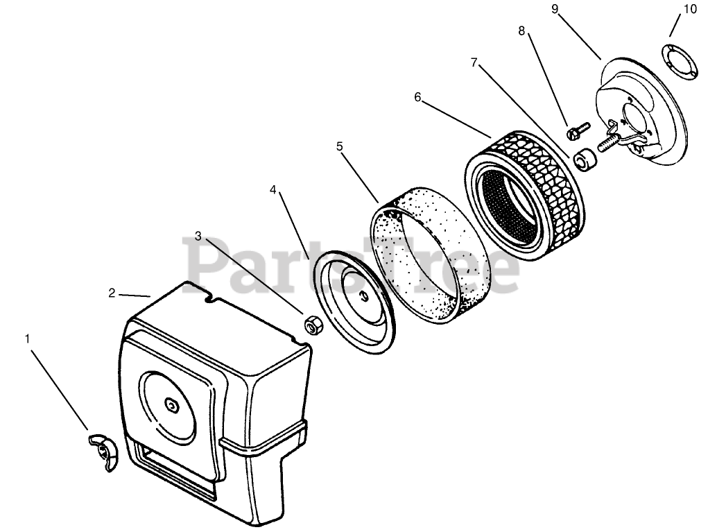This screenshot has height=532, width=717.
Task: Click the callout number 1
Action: (28, 339)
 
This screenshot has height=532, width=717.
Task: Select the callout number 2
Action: (112, 293)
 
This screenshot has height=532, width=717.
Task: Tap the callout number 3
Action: (198, 237)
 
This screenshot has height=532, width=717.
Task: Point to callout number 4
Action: (274, 189)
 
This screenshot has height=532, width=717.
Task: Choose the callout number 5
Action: (339, 146)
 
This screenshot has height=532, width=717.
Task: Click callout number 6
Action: (417, 97)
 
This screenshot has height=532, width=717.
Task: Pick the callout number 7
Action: (474, 62)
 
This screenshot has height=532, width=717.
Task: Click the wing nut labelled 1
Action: (102, 452)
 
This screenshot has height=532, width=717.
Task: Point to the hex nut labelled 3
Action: (311, 324)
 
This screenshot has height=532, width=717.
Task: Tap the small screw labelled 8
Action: (577, 130)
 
